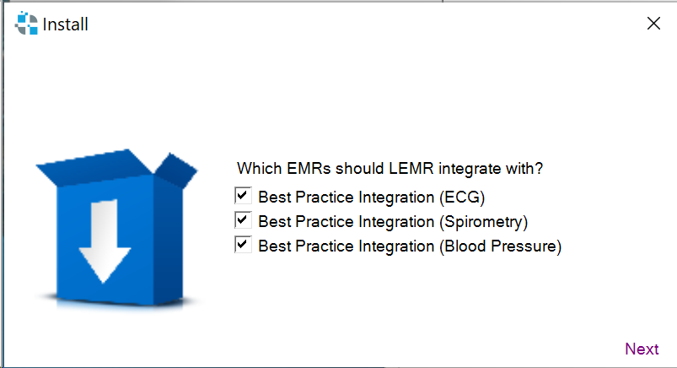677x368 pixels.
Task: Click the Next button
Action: click(642, 349)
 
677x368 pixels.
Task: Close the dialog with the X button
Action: click(653, 24)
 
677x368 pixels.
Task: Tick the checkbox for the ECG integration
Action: click(243, 196)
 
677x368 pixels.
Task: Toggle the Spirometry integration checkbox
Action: click(243, 220)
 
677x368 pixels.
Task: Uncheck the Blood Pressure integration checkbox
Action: click(243, 244)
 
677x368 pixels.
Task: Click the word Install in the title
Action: click(66, 24)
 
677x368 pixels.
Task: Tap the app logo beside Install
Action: click(26, 24)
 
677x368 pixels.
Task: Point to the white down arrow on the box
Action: click(105, 241)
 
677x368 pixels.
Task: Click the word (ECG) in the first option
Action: click(462, 198)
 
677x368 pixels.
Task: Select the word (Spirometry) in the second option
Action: click(484, 222)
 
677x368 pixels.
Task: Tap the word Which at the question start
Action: click(260, 168)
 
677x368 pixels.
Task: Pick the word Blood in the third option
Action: click(465, 246)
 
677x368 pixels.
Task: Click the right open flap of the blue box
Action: click(176, 170)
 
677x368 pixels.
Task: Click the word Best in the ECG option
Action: click(275, 198)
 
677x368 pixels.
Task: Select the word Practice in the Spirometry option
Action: click(325, 222)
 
